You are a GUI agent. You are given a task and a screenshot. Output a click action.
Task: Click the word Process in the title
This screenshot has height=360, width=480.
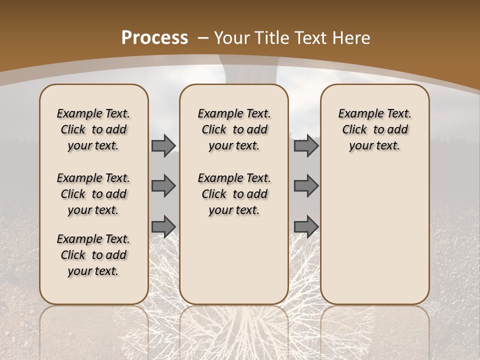(154, 38)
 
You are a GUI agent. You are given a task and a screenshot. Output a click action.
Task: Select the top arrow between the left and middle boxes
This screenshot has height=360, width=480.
(163, 145)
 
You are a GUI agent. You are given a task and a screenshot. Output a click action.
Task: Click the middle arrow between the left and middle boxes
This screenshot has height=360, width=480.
(163, 185)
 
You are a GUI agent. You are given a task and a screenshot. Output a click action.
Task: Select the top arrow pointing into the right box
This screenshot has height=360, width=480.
(306, 145)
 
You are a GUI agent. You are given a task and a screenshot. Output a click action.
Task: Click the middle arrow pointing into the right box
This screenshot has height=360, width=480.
(306, 185)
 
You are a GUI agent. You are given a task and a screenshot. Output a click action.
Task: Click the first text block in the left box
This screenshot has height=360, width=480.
(93, 129)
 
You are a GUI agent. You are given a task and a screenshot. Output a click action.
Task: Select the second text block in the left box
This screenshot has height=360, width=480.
(93, 194)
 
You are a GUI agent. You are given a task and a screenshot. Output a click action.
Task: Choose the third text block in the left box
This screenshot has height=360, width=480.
(93, 255)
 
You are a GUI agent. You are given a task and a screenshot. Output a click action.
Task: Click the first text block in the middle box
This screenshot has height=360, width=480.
(234, 129)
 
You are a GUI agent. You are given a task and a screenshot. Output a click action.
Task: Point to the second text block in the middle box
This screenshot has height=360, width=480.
(234, 194)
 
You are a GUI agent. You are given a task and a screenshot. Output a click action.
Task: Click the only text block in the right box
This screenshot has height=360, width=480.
(374, 129)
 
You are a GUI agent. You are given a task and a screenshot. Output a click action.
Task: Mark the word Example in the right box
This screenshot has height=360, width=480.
(356, 113)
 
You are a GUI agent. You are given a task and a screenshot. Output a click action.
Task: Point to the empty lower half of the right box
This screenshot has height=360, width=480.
(374, 240)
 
